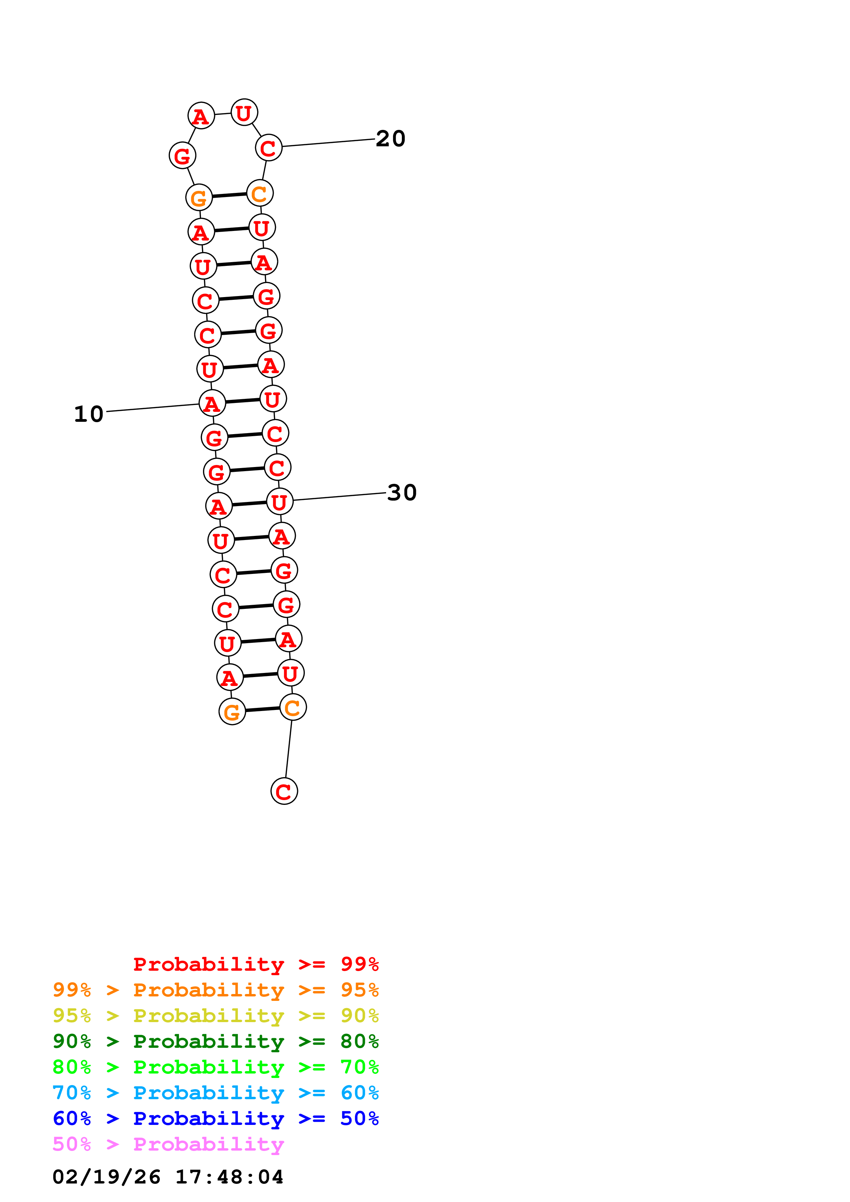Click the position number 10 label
pyautogui.click(x=88, y=414)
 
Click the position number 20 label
pyautogui.click(x=391, y=139)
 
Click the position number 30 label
pyautogui.click(x=402, y=493)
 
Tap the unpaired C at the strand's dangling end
pyautogui.click(x=284, y=791)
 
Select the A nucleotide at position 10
pyautogui.click(x=212, y=404)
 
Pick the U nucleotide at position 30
pyautogui.click(x=280, y=502)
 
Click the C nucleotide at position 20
pyautogui.click(x=268, y=148)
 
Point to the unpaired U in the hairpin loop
pyautogui.click(x=244, y=112)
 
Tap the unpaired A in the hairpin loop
pyautogui.click(x=201, y=116)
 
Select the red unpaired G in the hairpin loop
pyautogui.click(x=182, y=156)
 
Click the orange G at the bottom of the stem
pyautogui.click(x=232, y=711)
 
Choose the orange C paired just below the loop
pyautogui.click(x=260, y=194)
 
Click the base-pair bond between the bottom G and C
pyautogui.click(x=262, y=709)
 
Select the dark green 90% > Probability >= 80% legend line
pyautogui.click(x=215, y=1041)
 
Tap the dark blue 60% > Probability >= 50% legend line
pyautogui.click(x=215, y=1118)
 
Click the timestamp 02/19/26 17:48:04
pyautogui.click(x=168, y=1177)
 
